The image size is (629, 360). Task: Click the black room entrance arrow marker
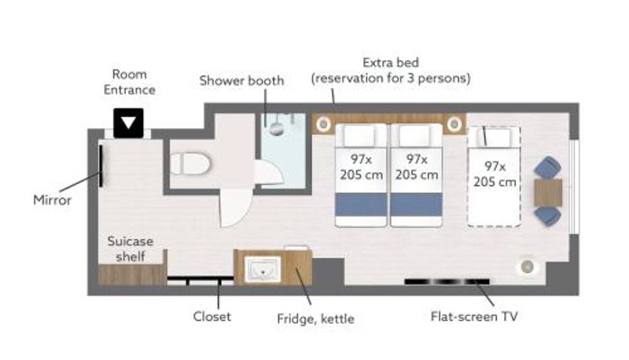point(128,123)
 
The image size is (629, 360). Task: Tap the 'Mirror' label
point(52,200)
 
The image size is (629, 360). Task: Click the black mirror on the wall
point(101,166)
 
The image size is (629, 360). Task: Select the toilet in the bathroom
point(190,163)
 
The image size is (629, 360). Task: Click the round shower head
point(277,129)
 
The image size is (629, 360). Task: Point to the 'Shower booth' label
point(241,81)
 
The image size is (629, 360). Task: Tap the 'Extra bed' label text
point(391,63)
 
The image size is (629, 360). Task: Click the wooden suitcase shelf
point(132,274)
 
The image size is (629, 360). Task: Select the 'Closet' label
point(212,316)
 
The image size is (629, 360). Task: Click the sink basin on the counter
point(263,269)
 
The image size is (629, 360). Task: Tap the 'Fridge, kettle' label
point(316,319)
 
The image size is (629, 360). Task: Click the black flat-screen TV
point(447,281)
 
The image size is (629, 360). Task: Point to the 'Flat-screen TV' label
point(474,317)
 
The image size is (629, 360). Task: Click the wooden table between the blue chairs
point(548,193)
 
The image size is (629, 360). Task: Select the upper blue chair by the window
point(547,167)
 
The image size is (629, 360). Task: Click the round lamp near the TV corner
point(527,266)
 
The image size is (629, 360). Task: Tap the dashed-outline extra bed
point(495,177)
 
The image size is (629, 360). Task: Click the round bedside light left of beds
point(323,124)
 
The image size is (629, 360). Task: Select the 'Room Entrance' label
point(129,82)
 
